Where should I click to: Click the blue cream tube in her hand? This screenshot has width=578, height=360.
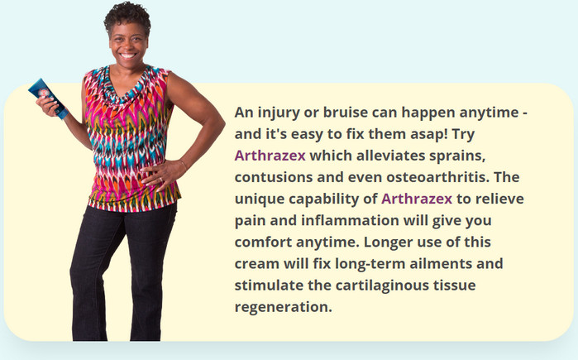(48, 98)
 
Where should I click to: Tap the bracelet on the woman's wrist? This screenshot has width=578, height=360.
(184, 164)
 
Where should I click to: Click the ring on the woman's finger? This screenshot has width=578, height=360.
(160, 180)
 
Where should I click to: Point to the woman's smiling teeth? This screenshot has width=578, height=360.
(128, 55)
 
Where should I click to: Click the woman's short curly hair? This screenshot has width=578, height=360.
(127, 17)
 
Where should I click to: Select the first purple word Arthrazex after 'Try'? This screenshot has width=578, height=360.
(270, 156)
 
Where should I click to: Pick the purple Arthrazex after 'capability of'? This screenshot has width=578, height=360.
(417, 199)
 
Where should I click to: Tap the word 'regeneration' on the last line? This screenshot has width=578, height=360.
(283, 307)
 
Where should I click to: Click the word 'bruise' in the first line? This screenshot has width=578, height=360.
(346, 112)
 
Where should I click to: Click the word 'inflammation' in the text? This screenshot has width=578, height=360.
(351, 221)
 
